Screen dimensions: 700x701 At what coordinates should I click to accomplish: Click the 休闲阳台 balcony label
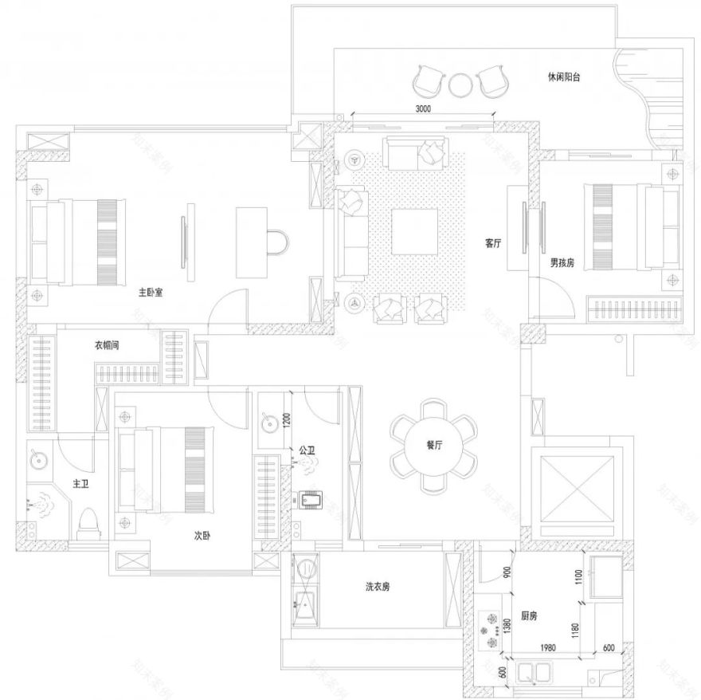pos(563,77)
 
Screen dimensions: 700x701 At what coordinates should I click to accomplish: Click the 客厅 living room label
pos(492,244)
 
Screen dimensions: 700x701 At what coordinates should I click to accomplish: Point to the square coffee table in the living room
pos(414,233)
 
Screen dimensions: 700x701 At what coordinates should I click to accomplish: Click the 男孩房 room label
pos(562,262)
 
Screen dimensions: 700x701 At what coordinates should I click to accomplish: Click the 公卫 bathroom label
pos(307,451)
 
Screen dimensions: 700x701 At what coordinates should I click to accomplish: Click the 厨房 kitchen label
pos(529,616)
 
